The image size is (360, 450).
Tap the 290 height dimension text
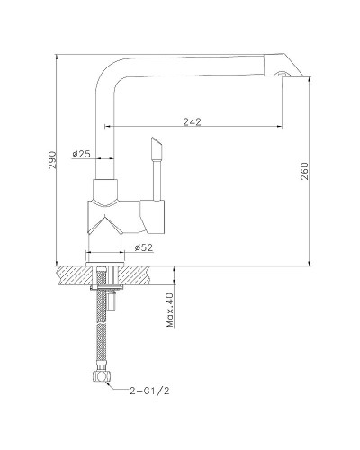tap(52, 160)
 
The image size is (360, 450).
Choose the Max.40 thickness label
tap(169, 310)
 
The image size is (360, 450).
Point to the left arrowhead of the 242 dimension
tap(112, 129)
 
